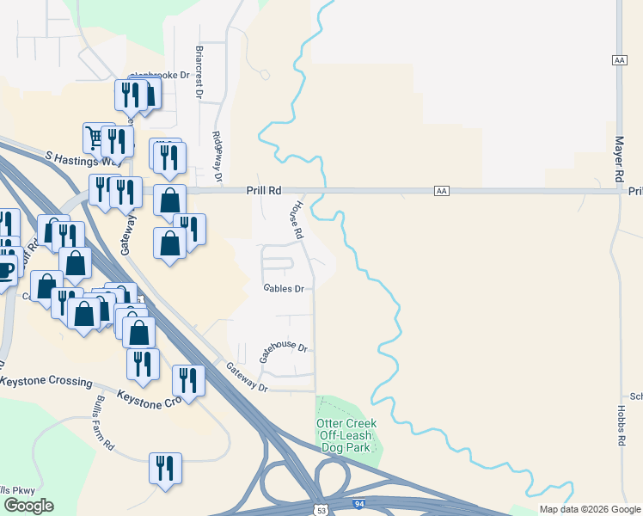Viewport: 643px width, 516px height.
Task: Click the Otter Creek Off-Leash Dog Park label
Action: point(347,436)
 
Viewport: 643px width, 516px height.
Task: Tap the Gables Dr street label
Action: point(284,289)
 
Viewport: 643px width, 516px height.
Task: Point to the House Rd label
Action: point(294,220)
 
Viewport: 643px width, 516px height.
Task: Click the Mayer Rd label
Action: point(618,157)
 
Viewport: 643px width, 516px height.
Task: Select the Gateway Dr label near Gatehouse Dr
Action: point(248,378)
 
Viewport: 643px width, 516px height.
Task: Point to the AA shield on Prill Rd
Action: point(442,190)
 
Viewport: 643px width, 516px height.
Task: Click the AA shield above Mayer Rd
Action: point(619,60)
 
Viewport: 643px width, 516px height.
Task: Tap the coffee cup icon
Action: point(5,268)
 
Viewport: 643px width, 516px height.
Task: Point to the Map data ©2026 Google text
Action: point(590,509)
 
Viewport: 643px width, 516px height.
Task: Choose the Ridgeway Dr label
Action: point(218,155)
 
